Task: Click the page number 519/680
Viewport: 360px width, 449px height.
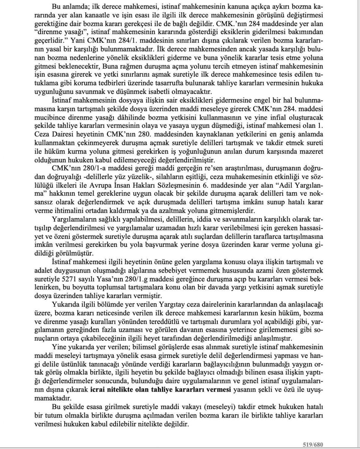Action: tap(313, 445)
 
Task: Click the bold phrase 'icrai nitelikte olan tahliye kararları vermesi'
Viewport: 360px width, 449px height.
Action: tap(160, 390)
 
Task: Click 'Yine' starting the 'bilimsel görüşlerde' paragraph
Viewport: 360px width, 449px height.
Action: tap(58, 347)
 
